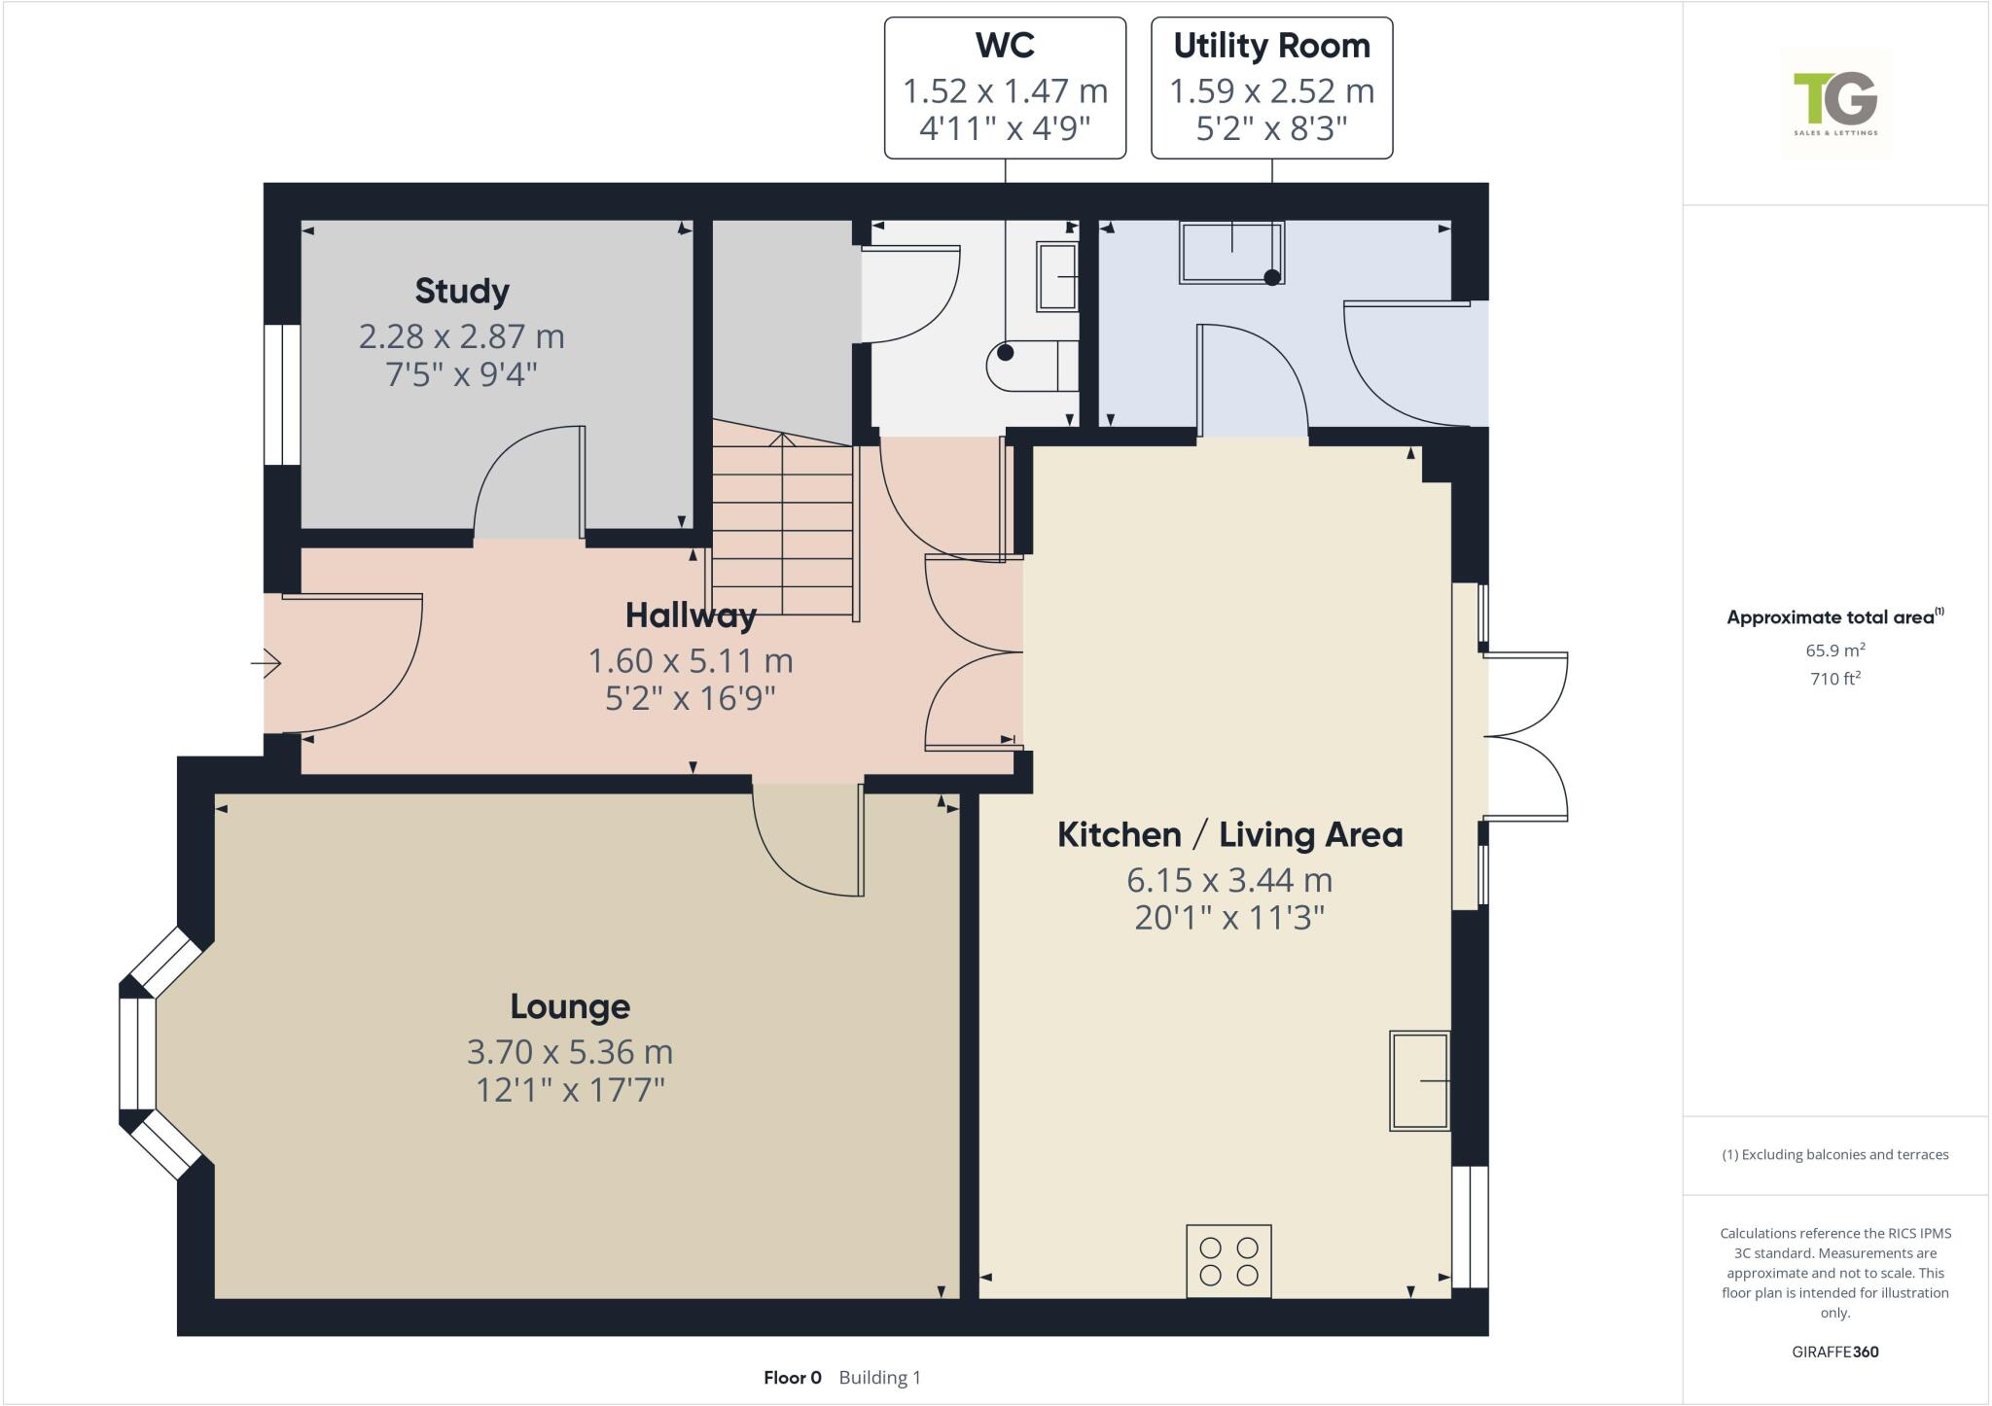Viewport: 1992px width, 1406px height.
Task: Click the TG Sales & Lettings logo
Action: click(1835, 103)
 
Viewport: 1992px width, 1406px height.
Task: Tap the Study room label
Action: click(462, 291)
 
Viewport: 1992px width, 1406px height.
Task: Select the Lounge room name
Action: click(570, 1006)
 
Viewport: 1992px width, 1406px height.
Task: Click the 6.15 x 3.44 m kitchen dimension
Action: click(1229, 880)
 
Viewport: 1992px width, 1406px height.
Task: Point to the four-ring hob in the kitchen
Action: click(1228, 1261)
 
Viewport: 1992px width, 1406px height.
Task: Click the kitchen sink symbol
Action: click(1420, 1080)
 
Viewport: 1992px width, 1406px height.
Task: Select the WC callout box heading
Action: click(1005, 46)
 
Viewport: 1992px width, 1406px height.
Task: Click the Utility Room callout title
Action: click(1271, 46)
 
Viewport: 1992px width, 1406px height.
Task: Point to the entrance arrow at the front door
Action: click(267, 664)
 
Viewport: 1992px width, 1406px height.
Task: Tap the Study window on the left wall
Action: click(282, 395)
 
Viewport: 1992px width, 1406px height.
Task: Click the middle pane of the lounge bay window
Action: click(137, 1054)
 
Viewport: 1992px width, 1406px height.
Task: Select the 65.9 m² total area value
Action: click(1835, 650)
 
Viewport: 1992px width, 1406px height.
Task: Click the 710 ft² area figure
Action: click(1835, 679)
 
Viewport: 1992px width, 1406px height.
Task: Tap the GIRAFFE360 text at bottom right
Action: click(1834, 1352)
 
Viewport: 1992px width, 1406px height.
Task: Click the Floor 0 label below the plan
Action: click(792, 1378)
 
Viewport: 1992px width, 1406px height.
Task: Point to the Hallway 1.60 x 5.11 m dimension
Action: click(691, 661)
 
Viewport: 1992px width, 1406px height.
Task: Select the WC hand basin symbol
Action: click(1057, 277)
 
